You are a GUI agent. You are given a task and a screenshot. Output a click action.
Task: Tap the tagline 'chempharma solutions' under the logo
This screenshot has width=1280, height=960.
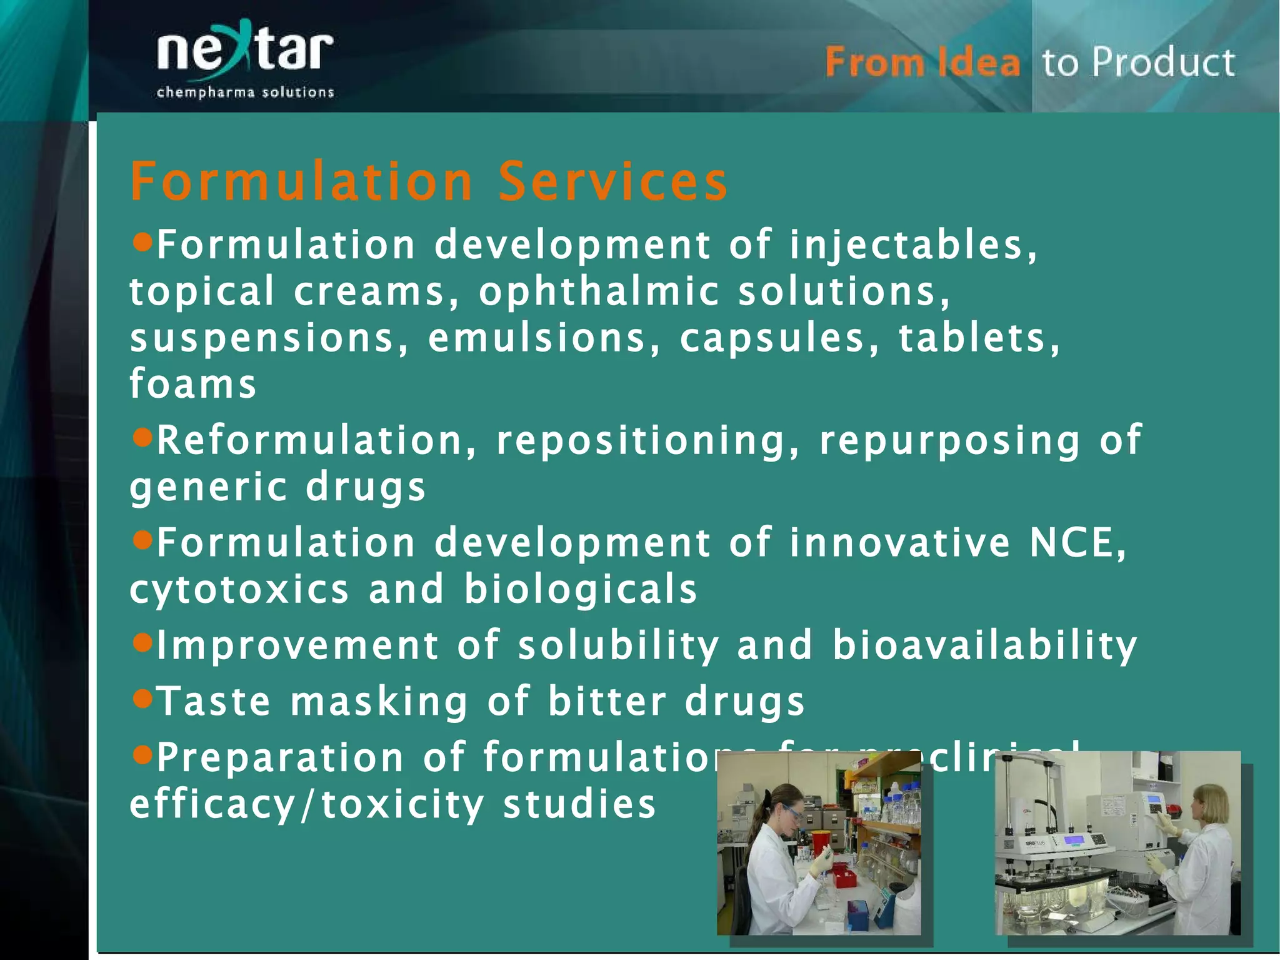tap(245, 93)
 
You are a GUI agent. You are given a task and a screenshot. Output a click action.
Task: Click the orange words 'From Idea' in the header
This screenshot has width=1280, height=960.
tap(922, 63)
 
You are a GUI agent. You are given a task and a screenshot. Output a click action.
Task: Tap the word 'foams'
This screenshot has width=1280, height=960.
tap(193, 384)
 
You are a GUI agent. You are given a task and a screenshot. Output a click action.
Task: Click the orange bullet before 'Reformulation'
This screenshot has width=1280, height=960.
tap(143, 437)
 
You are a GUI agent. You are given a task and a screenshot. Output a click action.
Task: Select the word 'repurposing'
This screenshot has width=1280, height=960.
tap(949, 440)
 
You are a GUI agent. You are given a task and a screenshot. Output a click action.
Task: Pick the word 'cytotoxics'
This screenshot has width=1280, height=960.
tap(239, 590)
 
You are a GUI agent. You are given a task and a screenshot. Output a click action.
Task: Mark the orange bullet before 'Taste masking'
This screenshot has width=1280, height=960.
tap(143, 697)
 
